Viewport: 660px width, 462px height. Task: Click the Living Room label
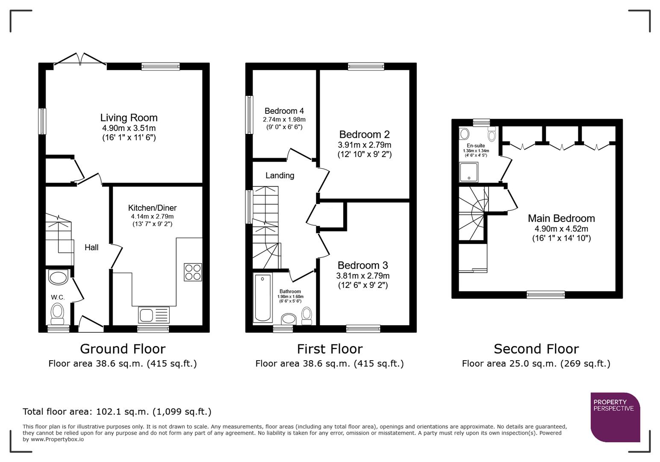point(129,118)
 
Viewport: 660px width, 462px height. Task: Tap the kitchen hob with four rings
point(193,272)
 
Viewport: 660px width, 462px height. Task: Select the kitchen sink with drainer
point(153,315)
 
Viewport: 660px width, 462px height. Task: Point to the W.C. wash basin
point(58,278)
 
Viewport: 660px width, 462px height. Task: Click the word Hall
point(91,247)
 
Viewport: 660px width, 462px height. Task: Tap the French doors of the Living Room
point(80,60)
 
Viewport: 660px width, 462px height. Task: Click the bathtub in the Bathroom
point(262,298)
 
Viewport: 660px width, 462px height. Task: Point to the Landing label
point(280,175)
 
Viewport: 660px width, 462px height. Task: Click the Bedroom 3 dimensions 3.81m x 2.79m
point(362,276)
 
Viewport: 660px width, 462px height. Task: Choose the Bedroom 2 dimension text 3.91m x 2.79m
point(364,145)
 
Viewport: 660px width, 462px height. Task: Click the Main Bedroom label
point(561,218)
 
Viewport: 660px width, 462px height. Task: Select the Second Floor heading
point(536,349)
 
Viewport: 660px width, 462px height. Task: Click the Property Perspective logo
point(615,417)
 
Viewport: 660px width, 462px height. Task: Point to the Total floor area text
point(117,412)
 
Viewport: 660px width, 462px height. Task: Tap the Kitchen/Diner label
point(152,208)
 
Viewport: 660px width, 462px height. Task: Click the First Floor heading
point(330,349)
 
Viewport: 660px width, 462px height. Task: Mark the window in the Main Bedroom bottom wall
point(545,294)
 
